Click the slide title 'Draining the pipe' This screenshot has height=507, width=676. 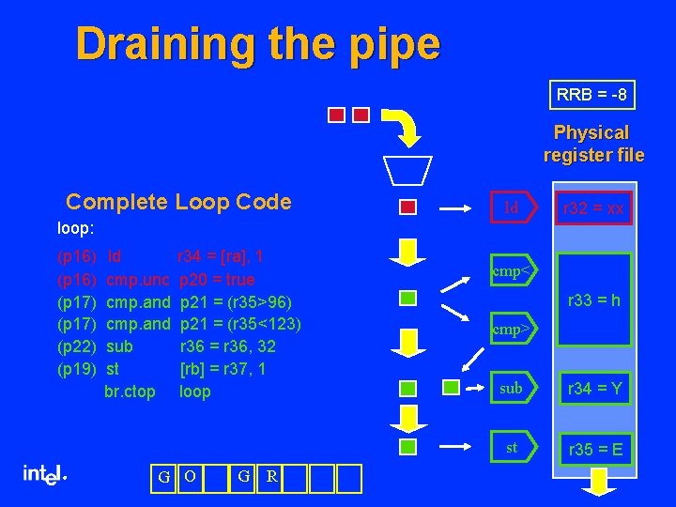click(x=257, y=44)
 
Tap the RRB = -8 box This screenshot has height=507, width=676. click(x=591, y=95)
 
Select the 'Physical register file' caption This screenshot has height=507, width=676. click(x=592, y=144)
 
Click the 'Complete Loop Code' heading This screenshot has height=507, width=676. click(x=178, y=202)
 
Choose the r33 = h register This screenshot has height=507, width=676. click(x=594, y=300)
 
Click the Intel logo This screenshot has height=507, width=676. click(x=44, y=475)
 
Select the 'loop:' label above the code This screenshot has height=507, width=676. click(x=75, y=227)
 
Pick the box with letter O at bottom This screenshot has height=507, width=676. click(x=190, y=477)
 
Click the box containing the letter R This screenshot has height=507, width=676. click(x=271, y=477)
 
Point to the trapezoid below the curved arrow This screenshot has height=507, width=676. click(x=407, y=169)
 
